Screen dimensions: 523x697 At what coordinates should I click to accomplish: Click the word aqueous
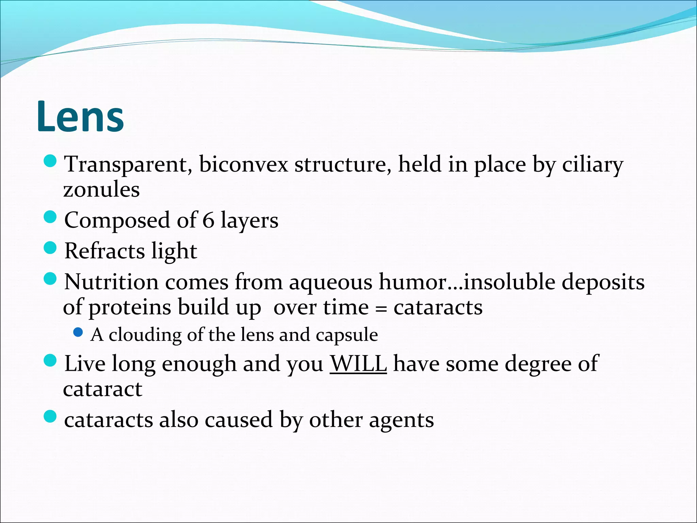click(330, 283)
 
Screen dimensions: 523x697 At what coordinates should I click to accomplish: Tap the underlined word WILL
click(358, 364)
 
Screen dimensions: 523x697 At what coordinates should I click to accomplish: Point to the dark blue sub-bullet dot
click(78, 332)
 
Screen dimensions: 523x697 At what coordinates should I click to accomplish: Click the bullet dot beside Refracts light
click(50, 248)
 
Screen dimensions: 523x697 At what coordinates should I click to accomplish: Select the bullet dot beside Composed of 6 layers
click(50, 217)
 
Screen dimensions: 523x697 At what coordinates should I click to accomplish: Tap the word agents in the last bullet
click(402, 420)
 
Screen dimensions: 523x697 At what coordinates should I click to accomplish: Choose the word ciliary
click(593, 165)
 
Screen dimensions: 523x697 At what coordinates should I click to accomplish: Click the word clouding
click(145, 335)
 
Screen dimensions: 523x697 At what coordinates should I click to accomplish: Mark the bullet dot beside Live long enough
click(50, 361)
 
